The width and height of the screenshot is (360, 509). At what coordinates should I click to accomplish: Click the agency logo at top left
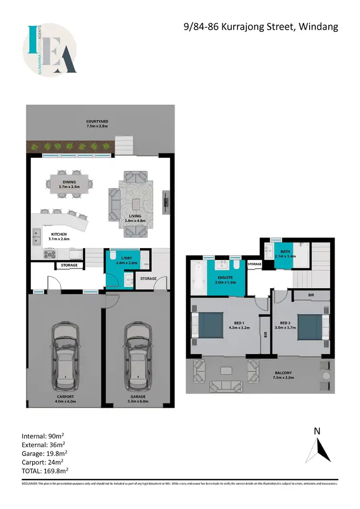tap(49, 50)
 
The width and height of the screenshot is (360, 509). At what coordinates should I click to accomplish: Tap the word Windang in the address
tap(318, 26)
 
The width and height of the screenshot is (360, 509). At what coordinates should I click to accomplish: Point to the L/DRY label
tap(120, 258)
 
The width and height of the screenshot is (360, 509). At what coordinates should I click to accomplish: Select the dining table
tap(70, 183)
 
